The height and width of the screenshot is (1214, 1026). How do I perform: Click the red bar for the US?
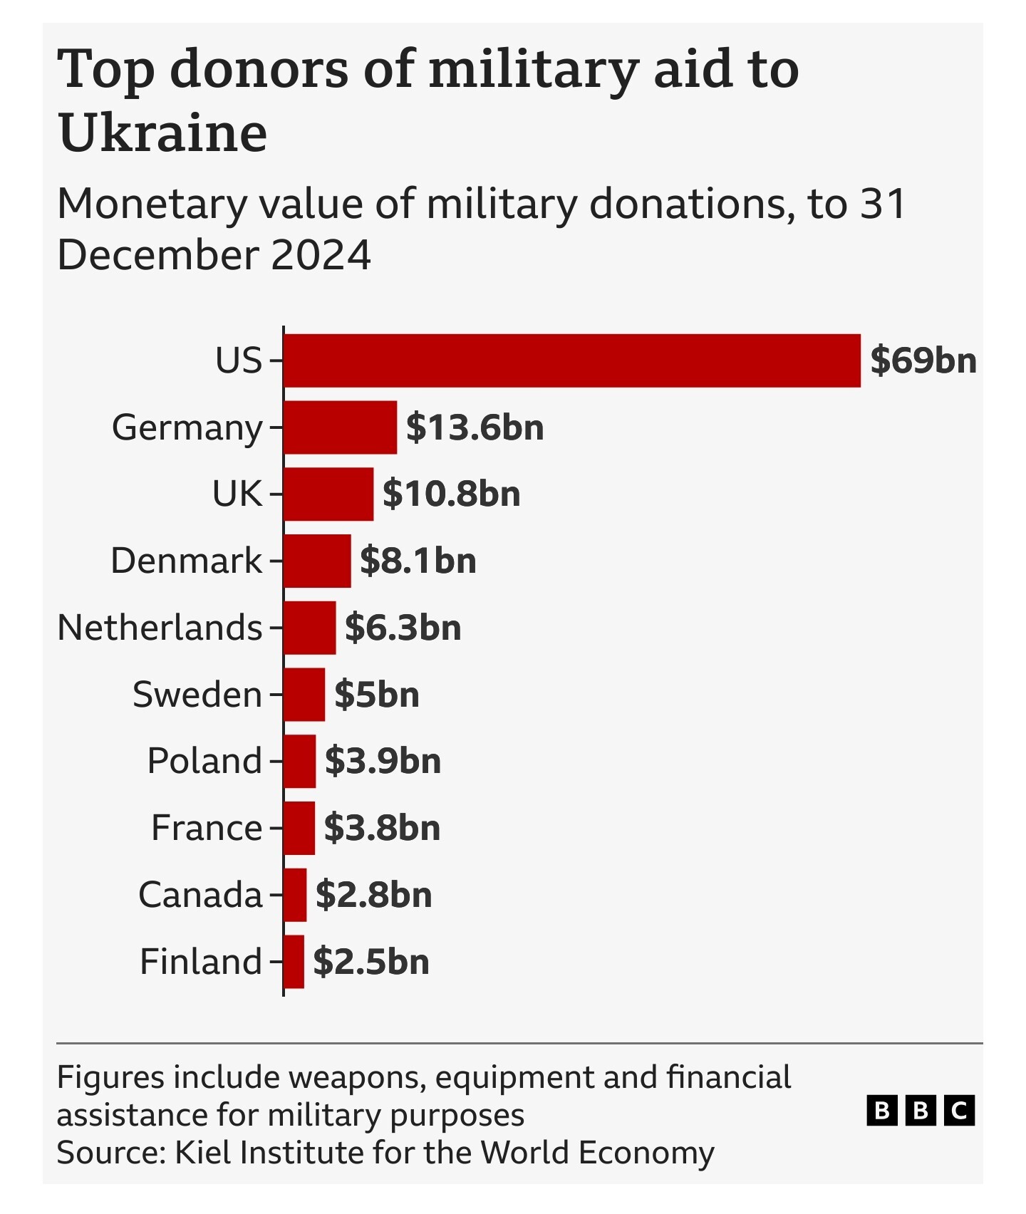pyautogui.click(x=571, y=360)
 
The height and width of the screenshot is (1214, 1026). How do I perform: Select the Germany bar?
pyautogui.click(x=340, y=427)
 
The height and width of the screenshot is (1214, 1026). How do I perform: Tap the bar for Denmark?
pyautogui.click(x=317, y=561)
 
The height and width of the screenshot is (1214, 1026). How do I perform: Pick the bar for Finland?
pyautogui.click(x=294, y=962)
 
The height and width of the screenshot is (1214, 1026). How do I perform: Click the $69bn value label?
pyautogui.click(x=923, y=360)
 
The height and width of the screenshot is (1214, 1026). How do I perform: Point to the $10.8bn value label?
pyautogui.click(x=451, y=494)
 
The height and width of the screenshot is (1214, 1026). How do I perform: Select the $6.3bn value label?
pyautogui.click(x=403, y=628)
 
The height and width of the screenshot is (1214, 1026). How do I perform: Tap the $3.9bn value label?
pyautogui.click(x=383, y=761)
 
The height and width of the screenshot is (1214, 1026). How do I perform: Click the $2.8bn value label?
pyautogui.click(x=373, y=895)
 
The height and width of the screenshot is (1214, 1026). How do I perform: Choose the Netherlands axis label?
pyautogui.click(x=160, y=628)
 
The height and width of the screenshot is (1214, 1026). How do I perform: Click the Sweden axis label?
pyautogui.click(x=197, y=695)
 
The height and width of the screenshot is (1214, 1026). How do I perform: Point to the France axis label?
pyautogui.click(x=207, y=828)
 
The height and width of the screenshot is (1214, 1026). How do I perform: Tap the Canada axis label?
pyautogui.click(x=200, y=895)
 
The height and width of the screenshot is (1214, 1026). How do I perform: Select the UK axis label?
pyautogui.click(x=237, y=494)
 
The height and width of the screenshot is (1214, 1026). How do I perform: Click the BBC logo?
pyautogui.click(x=920, y=1111)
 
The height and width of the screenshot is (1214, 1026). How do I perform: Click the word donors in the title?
pyautogui.click(x=259, y=70)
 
